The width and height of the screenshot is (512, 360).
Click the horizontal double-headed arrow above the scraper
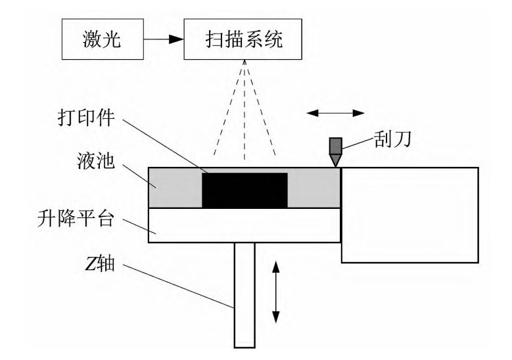(x=336, y=113)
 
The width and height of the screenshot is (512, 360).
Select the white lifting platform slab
(x=244, y=225)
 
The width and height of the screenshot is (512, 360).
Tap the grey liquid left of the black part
(x=175, y=188)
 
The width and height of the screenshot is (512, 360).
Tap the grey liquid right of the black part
(x=314, y=188)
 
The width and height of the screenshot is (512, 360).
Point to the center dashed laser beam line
(x=244, y=112)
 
